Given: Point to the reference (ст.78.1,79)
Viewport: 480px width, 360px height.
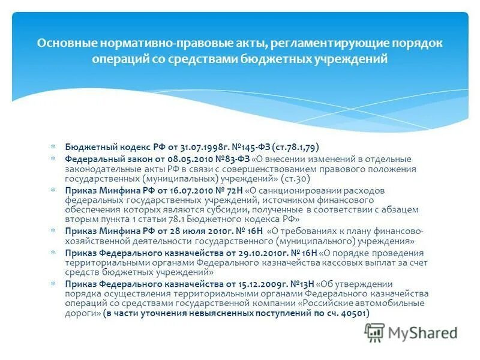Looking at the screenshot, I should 295,146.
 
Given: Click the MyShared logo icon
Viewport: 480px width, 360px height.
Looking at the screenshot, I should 375,332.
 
